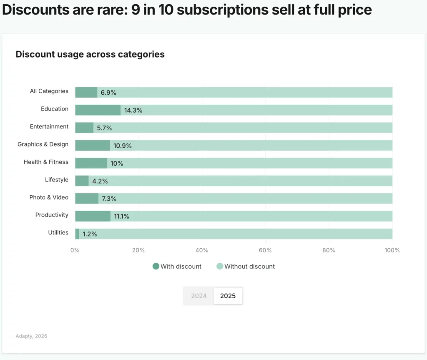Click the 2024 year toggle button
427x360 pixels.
(199, 296)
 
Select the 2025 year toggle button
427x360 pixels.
(228, 296)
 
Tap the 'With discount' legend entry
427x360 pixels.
(177, 266)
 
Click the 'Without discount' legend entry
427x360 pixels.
(246, 266)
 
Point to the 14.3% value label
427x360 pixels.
(133, 110)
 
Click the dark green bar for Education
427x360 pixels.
(98, 110)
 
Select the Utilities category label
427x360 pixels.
(58, 232)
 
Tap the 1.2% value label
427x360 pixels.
(90, 234)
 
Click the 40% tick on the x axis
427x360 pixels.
(202, 250)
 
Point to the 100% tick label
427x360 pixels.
(392, 250)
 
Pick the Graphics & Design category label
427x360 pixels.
(43, 144)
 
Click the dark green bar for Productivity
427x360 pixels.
(93, 216)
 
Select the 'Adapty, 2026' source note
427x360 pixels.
(31, 336)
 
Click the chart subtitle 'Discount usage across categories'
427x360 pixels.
(90, 54)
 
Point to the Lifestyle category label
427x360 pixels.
(57, 180)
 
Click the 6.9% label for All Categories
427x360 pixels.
(108, 93)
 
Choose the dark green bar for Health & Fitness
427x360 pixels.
(91, 163)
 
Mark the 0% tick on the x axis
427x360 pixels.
(75, 250)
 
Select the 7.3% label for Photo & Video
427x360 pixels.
(109, 199)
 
